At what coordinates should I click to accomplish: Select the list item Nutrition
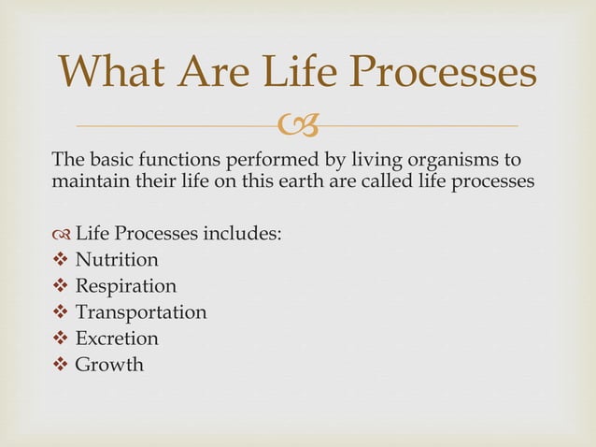[117, 259]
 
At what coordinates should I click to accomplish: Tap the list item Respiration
[125, 285]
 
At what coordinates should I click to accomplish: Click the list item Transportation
[141, 311]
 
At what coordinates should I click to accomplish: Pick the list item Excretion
[117, 338]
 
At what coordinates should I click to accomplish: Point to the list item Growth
[109, 364]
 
